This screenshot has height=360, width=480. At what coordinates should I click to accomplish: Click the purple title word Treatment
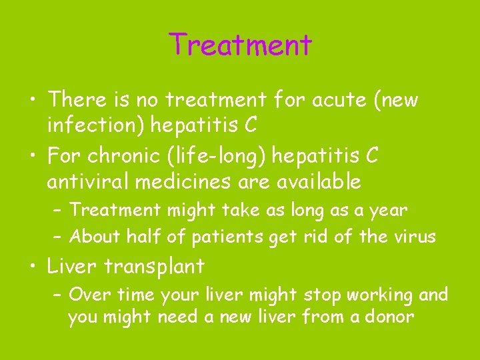240,45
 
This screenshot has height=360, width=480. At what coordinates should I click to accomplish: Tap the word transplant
154,267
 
